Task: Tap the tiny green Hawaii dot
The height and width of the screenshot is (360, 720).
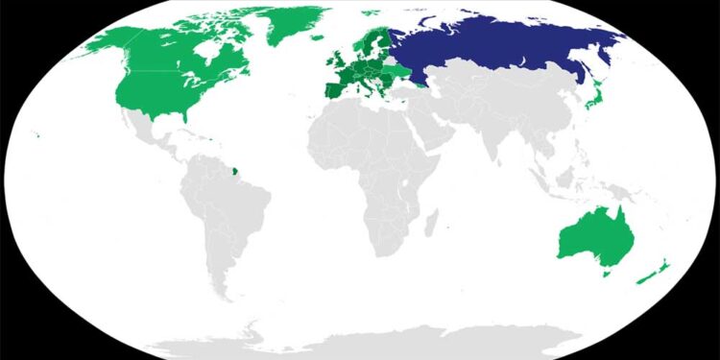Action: point(36,134)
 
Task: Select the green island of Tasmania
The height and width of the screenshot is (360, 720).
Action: point(606,273)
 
